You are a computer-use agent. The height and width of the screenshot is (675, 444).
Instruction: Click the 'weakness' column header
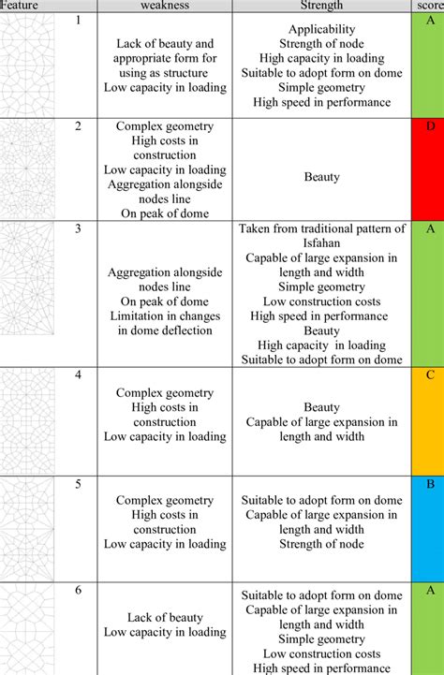165,6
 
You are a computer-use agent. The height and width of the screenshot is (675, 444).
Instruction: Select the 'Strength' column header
321,6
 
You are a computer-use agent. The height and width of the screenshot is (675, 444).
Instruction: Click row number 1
79,21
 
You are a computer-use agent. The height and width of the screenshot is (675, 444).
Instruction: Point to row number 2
79,125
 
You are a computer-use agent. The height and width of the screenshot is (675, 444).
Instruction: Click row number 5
79,484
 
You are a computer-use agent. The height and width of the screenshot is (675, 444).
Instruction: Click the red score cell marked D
430,169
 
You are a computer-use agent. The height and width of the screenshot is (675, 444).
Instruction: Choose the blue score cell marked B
430,527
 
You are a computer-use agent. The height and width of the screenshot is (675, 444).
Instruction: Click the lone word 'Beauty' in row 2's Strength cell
321,176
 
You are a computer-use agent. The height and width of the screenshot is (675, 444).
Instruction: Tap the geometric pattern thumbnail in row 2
28,169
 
